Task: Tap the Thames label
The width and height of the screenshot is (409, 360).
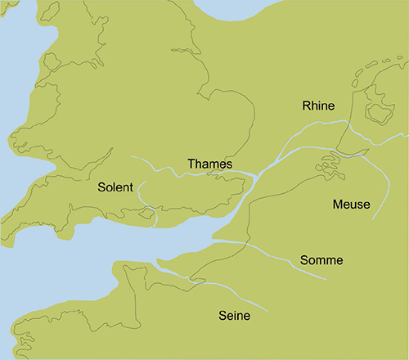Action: [210, 164]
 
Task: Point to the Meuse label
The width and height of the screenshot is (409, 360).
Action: [351, 204]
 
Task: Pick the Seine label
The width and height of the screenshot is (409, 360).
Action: [234, 315]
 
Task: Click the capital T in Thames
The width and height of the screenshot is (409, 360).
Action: [191, 164]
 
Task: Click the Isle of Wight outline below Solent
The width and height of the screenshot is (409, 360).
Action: [147, 214]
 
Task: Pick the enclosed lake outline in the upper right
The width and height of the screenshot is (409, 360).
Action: [377, 110]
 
